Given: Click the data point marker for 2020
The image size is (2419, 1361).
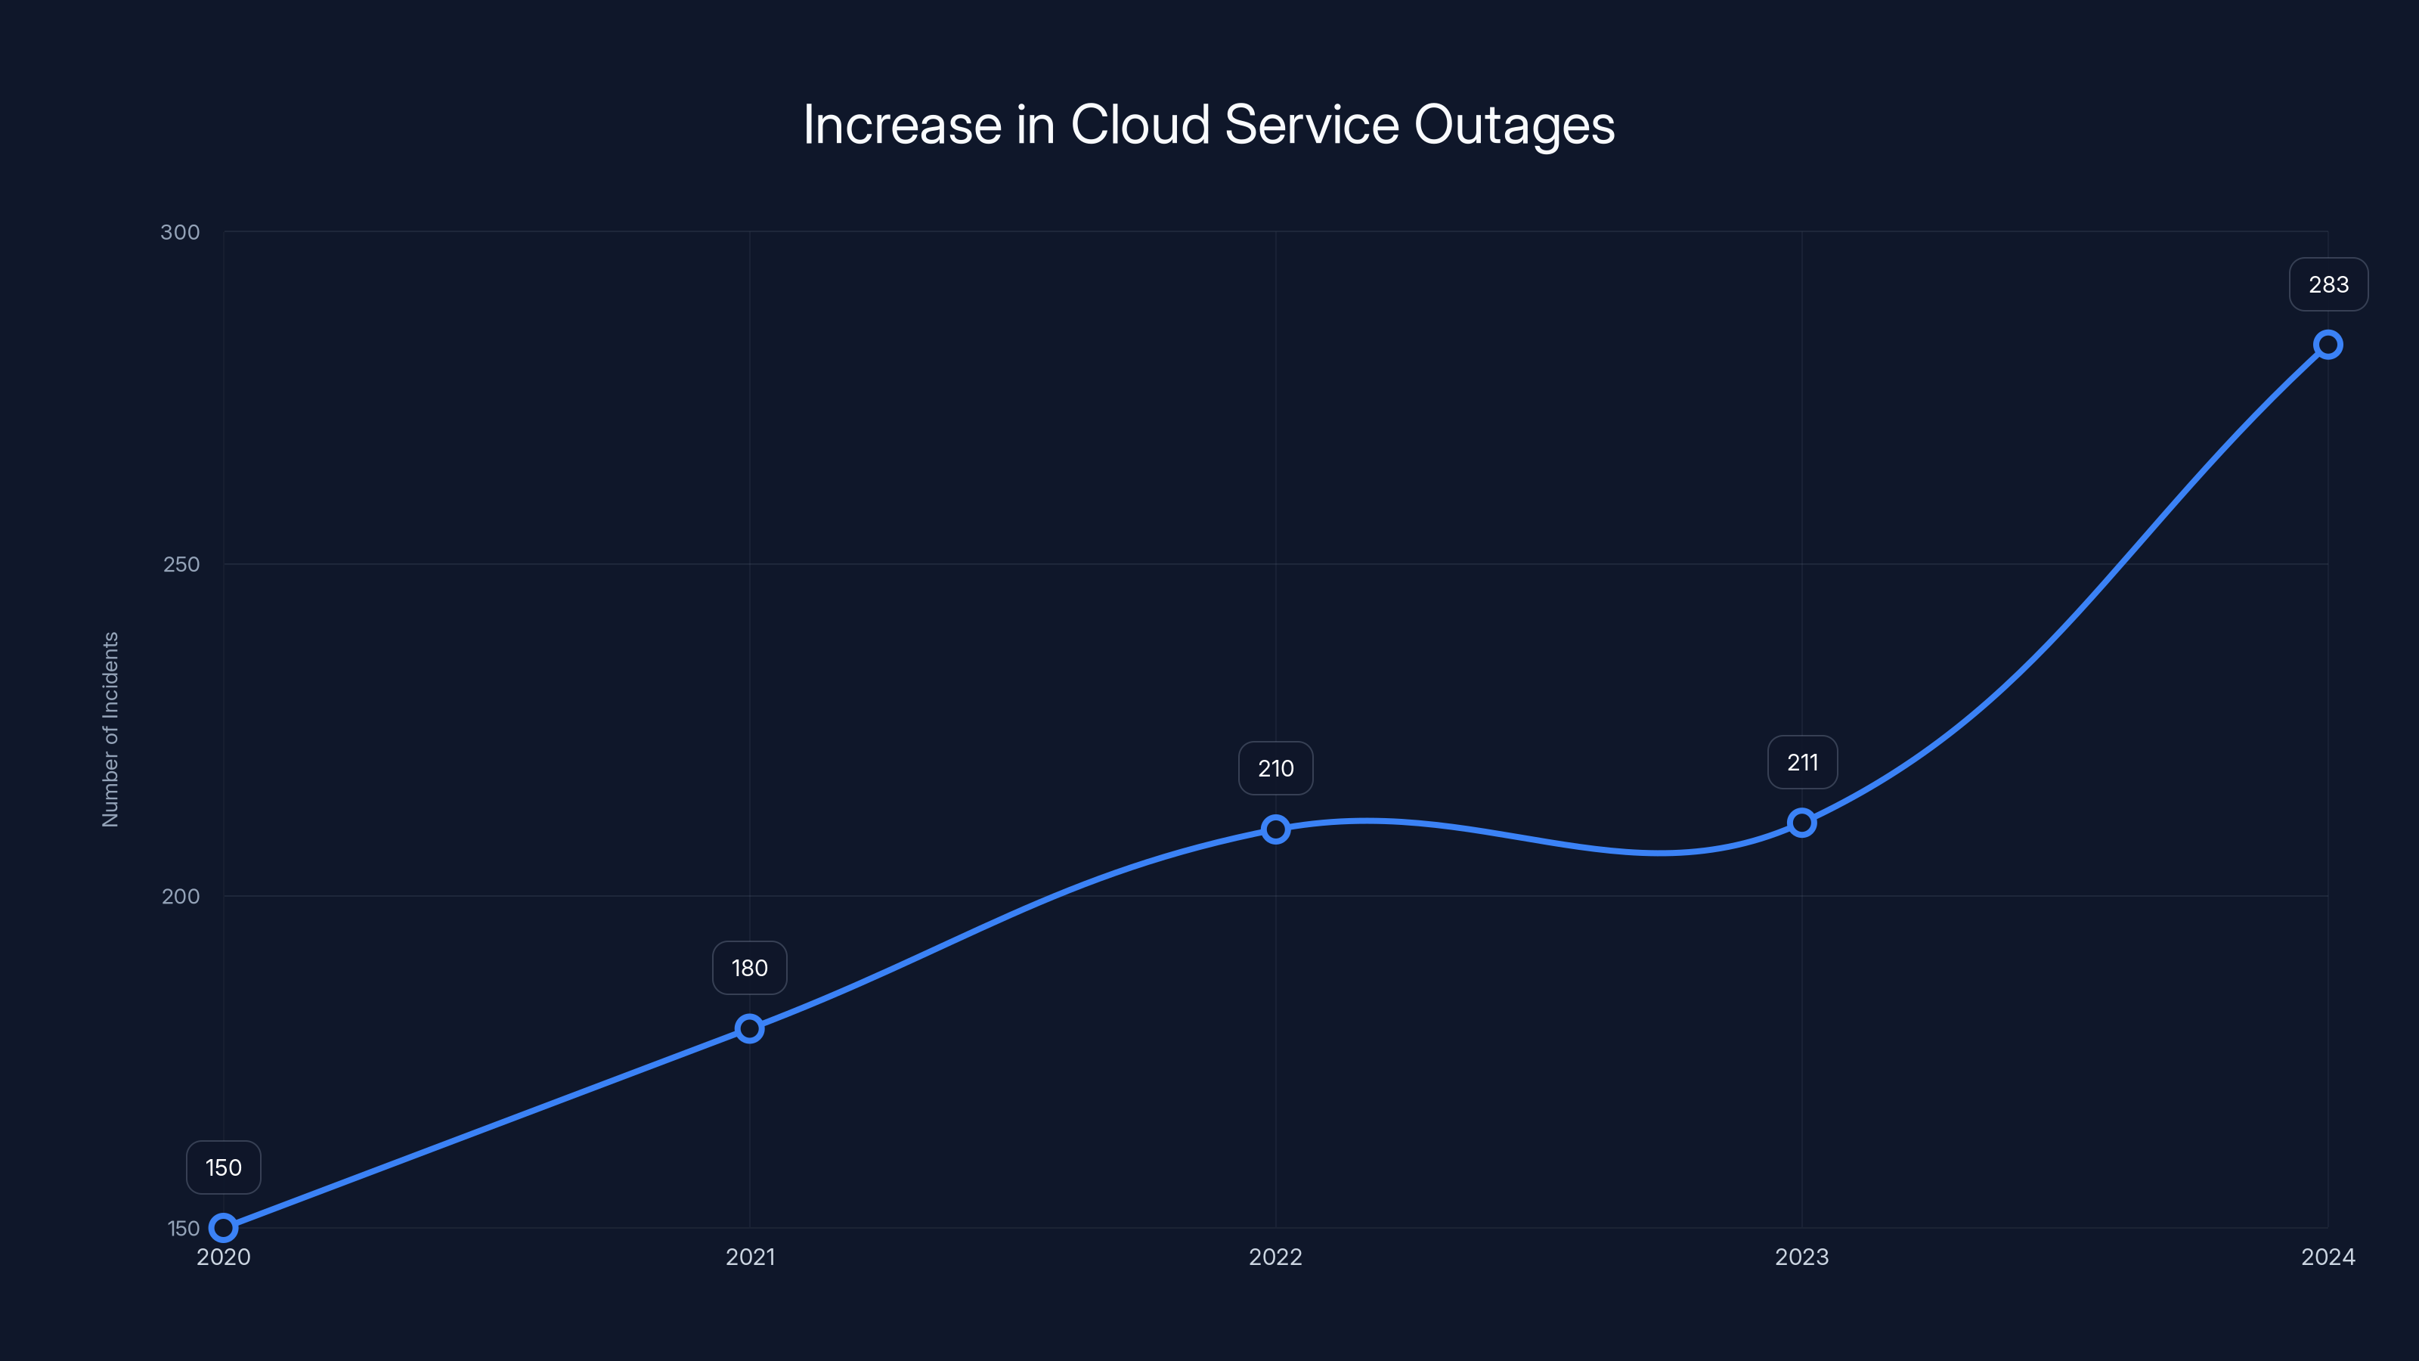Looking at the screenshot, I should [x=224, y=1228].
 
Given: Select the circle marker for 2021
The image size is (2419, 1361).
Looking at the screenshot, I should [x=749, y=1028].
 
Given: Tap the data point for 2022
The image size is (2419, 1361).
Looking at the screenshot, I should [x=1275, y=829].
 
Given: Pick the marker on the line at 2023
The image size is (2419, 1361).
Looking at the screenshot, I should [x=1802, y=823].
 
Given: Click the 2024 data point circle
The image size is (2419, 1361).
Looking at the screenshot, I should [x=2328, y=345].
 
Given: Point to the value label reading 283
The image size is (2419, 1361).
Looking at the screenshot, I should [x=2328, y=284].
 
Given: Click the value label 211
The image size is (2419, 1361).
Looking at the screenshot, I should [x=1802, y=763].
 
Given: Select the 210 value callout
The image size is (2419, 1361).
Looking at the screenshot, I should [x=1275, y=768].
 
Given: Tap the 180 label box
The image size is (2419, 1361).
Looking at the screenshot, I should [x=749, y=969].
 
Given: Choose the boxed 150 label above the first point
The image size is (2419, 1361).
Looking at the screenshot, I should [x=224, y=1167].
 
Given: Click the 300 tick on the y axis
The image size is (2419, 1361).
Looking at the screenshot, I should [x=181, y=232].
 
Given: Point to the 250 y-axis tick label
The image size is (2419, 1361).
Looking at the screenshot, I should [x=181, y=565].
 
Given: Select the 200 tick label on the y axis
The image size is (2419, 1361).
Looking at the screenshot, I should [x=181, y=896].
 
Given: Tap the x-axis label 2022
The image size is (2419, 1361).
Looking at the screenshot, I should [x=1275, y=1257].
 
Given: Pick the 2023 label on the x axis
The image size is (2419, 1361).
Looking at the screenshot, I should [x=1801, y=1257].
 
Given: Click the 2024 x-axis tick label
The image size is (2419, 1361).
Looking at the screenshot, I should [x=2328, y=1257].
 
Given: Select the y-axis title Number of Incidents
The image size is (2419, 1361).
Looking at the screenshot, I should [x=111, y=729].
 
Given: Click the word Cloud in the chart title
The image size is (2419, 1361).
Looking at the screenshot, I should [x=1140, y=125].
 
